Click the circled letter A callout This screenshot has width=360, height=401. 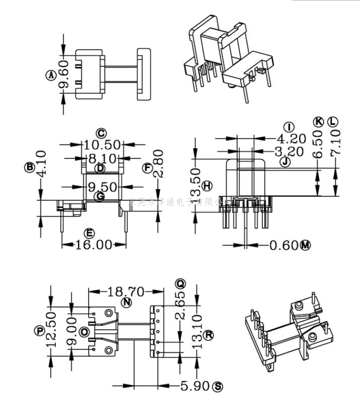(x=51, y=75)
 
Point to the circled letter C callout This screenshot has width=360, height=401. (x=100, y=133)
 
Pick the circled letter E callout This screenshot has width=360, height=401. (x=89, y=233)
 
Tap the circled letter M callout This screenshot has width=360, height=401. (x=305, y=246)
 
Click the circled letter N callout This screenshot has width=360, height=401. (x=126, y=302)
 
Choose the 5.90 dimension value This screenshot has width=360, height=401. (x=195, y=386)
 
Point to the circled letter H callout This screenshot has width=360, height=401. (x=207, y=186)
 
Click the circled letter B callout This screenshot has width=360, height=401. (x=30, y=167)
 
